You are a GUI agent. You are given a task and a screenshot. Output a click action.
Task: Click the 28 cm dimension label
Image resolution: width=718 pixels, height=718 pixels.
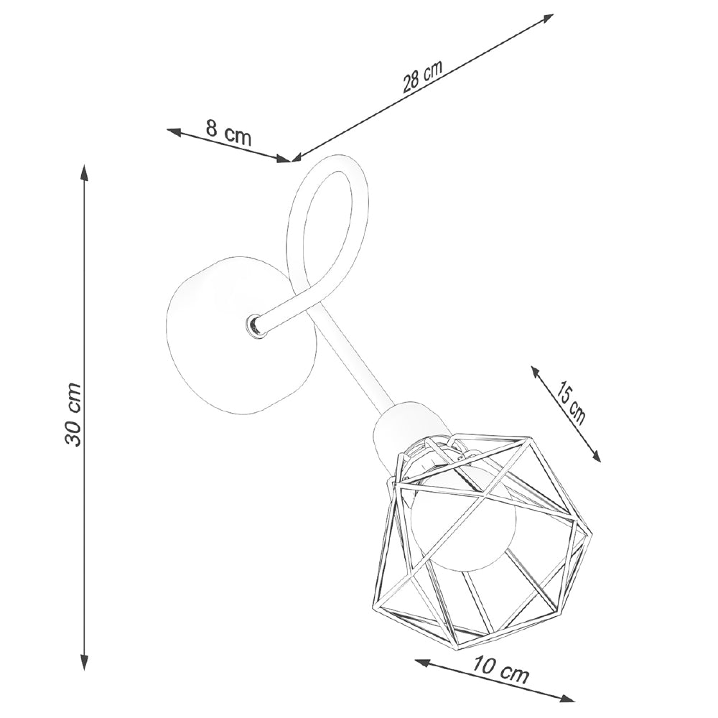point(422,78)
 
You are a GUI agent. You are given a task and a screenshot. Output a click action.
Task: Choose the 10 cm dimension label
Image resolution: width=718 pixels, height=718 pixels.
point(500,672)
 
